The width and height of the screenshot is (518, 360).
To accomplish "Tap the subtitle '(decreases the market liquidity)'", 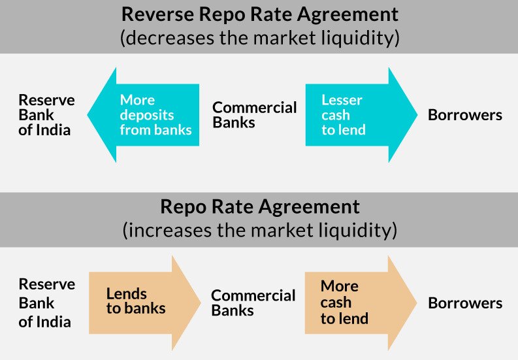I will pos(259,38).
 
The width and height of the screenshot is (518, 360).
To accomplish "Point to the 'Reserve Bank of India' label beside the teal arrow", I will pos(46,115).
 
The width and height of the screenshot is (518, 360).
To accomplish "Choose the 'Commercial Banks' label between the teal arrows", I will pos(255,115).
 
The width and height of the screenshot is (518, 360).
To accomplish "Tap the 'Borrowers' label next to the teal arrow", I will pos(464,115).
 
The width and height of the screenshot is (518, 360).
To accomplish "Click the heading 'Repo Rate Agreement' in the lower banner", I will pos(259,207).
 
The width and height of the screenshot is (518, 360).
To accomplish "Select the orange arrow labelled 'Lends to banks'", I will pos(144,302).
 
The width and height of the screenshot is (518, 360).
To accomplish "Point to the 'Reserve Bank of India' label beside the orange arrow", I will pos(46,303).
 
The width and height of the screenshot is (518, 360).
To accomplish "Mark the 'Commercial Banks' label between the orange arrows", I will pos(253,303).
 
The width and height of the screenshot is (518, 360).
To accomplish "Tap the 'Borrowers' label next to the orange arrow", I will pos(464,303).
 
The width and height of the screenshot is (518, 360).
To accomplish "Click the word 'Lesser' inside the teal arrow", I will pos(341,100).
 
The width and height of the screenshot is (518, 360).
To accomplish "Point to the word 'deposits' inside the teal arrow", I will pos(147,115).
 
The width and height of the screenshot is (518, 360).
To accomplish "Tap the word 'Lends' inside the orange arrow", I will pos(126,294).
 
